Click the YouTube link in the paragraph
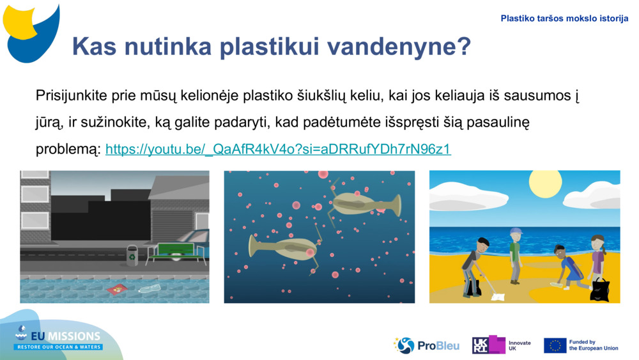tap(278, 150)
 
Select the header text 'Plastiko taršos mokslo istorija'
tap(564, 19)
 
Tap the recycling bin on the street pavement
tap(132, 255)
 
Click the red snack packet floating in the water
tap(118, 290)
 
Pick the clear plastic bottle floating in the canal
tap(150, 288)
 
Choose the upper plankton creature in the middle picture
tap(364, 204)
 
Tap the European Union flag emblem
tap(555, 345)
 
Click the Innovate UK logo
tap(501, 345)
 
